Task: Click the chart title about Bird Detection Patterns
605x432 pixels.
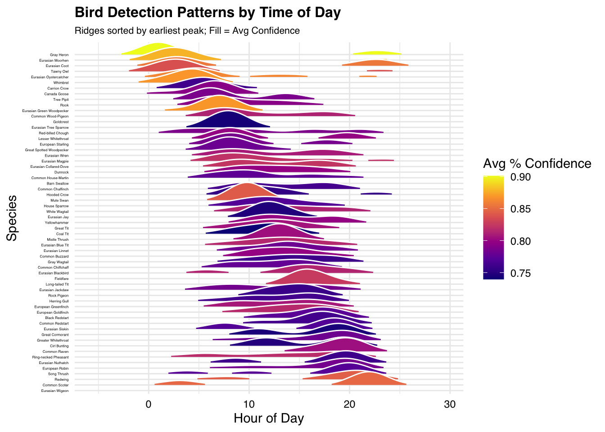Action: pyautogui.click(x=208, y=13)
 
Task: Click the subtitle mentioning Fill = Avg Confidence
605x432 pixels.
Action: pyautogui.click(x=187, y=31)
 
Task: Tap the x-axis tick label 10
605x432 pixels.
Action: pyautogui.click(x=249, y=404)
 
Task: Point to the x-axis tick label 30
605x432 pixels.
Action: pyautogui.click(x=450, y=404)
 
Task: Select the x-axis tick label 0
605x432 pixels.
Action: pyautogui.click(x=149, y=404)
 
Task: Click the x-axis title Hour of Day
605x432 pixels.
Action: pyautogui.click(x=269, y=418)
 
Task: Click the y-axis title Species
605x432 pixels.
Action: pyautogui.click(x=12, y=218)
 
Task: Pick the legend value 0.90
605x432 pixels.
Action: pyautogui.click(x=521, y=177)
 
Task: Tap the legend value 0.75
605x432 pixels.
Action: pyautogui.click(x=521, y=274)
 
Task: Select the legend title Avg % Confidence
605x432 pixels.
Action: pyautogui.click(x=537, y=163)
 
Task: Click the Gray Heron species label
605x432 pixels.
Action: pyautogui.click(x=59, y=55)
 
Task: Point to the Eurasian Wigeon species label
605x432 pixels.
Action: pyautogui.click(x=55, y=391)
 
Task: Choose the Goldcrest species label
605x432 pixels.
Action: pyautogui.click(x=61, y=122)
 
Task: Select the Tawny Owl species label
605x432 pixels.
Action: pyautogui.click(x=60, y=72)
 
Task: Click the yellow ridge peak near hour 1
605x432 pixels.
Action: pyautogui.click(x=157, y=45)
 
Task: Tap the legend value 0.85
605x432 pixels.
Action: pyautogui.click(x=521, y=209)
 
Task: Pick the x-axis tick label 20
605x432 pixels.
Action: pyautogui.click(x=349, y=404)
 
